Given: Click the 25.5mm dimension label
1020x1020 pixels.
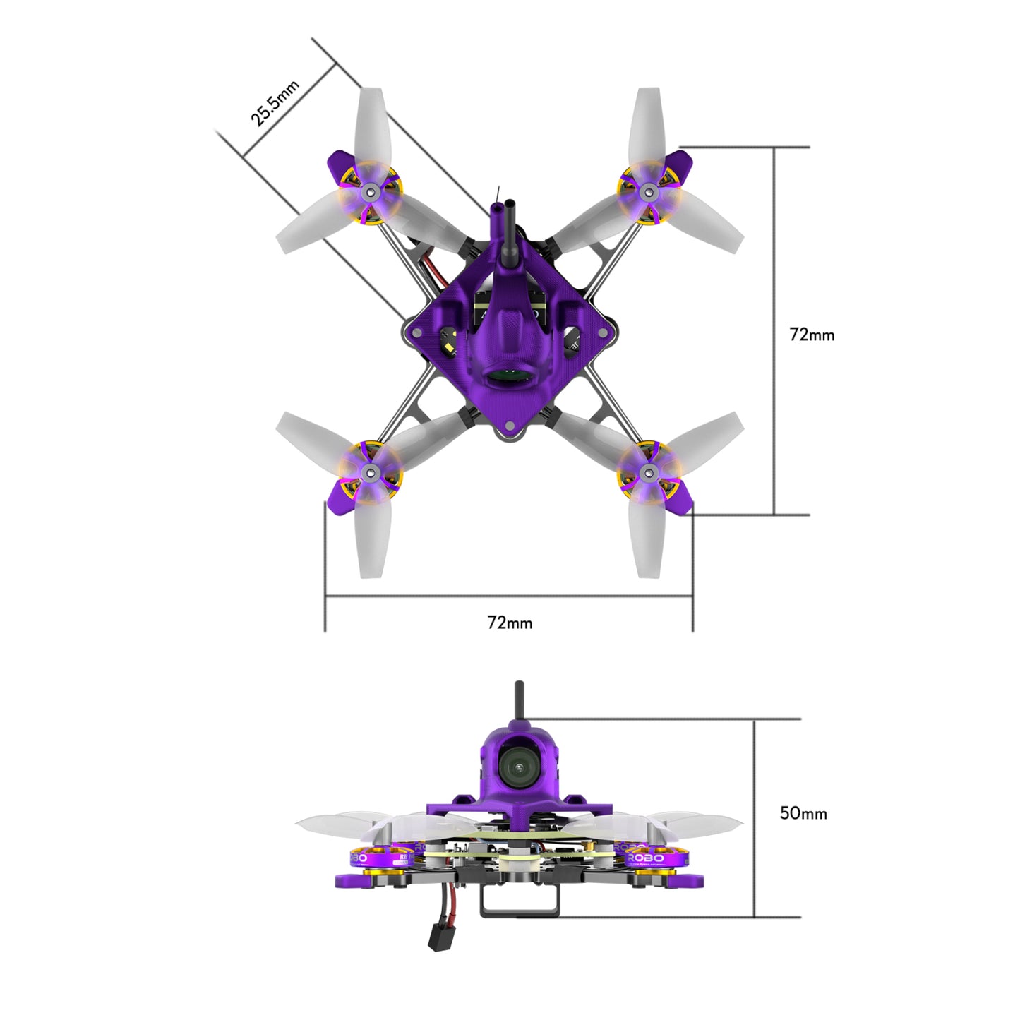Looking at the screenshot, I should tap(275, 103).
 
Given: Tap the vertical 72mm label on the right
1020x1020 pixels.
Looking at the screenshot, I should tap(812, 335).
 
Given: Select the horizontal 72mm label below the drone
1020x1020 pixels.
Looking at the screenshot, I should tap(510, 623).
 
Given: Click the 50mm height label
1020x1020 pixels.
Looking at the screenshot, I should tap(803, 813).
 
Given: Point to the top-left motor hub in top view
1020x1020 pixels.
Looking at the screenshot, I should tap(368, 192).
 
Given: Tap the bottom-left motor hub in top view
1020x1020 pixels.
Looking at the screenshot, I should tap(368, 472).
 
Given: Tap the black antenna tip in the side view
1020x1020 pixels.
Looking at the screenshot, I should tap(519, 688).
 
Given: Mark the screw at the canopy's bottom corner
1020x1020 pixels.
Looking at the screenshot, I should tap(509, 426).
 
